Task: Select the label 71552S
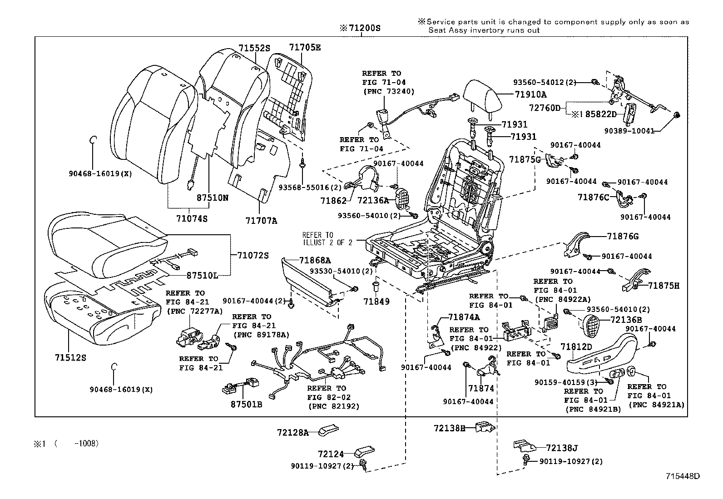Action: click(254, 48)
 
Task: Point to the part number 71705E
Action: click(305, 47)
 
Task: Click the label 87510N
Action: click(213, 198)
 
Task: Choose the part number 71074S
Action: click(192, 219)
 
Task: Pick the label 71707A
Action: click(261, 221)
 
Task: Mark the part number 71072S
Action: click(253, 256)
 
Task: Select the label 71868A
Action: click(315, 260)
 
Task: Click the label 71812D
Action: click(576, 347)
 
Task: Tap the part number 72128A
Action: click(293, 433)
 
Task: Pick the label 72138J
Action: click(562, 449)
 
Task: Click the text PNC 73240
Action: click(388, 91)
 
